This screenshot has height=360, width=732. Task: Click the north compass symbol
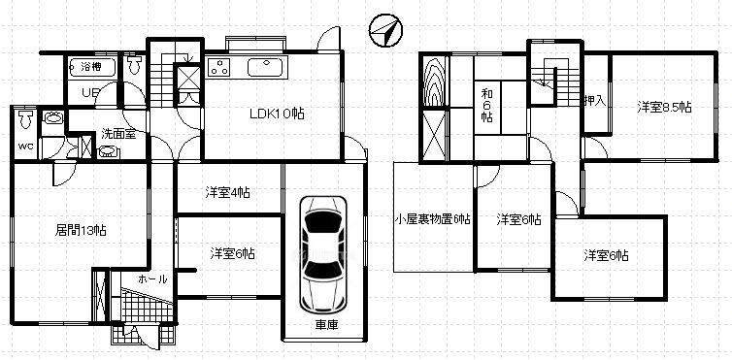pos(385,31)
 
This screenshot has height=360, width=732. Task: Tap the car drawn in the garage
pos(322,254)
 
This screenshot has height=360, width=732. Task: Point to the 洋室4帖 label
pos(227,192)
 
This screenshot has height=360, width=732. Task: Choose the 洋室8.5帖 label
pos(664,108)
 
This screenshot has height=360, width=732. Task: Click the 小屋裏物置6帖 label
pos(433,218)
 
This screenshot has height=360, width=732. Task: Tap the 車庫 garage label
pos(326,325)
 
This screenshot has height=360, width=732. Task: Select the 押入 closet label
pos(595,101)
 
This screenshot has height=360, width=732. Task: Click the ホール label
pos(152,279)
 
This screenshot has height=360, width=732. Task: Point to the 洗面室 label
pos(118,135)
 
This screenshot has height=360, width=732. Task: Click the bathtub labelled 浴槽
pos(92,67)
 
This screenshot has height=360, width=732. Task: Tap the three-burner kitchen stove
pos(218,67)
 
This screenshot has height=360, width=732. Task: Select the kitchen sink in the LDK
pos(265,67)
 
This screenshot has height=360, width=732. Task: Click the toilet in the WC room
pos(24,120)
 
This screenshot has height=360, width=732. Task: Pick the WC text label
pos(25,146)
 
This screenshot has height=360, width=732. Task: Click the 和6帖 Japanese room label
pos(487,105)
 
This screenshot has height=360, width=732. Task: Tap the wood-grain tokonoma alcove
pos(435,82)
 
